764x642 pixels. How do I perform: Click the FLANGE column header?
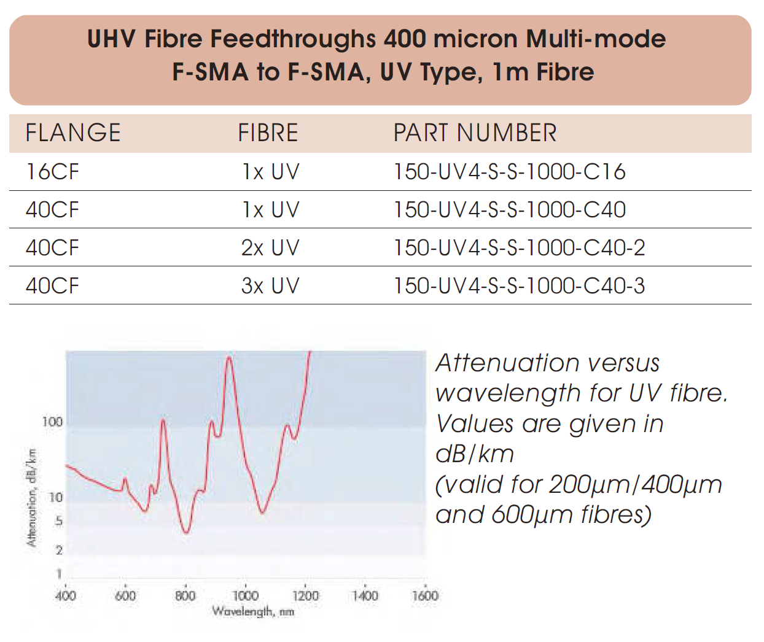(x=73, y=133)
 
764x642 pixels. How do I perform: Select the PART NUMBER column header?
(x=475, y=133)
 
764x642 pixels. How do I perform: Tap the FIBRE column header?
(x=268, y=133)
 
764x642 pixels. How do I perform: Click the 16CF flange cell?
(x=52, y=172)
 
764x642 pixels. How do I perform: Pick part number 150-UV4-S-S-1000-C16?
(x=509, y=172)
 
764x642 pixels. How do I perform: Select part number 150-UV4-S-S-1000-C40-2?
(x=519, y=248)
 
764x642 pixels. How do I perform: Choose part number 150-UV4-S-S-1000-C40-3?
(x=519, y=286)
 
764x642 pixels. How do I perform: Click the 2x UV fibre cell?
(x=270, y=248)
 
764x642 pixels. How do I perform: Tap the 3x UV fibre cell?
(x=270, y=286)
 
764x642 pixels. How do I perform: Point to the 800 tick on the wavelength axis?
(x=185, y=595)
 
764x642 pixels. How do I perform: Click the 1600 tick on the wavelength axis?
(x=425, y=595)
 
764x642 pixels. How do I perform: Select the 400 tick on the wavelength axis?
(x=66, y=595)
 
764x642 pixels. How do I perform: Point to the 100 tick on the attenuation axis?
(x=53, y=422)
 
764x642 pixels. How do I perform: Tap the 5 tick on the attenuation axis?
(x=59, y=521)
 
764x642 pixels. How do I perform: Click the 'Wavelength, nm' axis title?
(x=253, y=611)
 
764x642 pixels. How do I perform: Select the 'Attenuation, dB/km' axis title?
(x=32, y=497)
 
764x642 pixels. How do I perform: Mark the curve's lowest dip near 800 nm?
(x=187, y=532)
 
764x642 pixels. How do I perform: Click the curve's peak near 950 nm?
(x=229, y=358)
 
